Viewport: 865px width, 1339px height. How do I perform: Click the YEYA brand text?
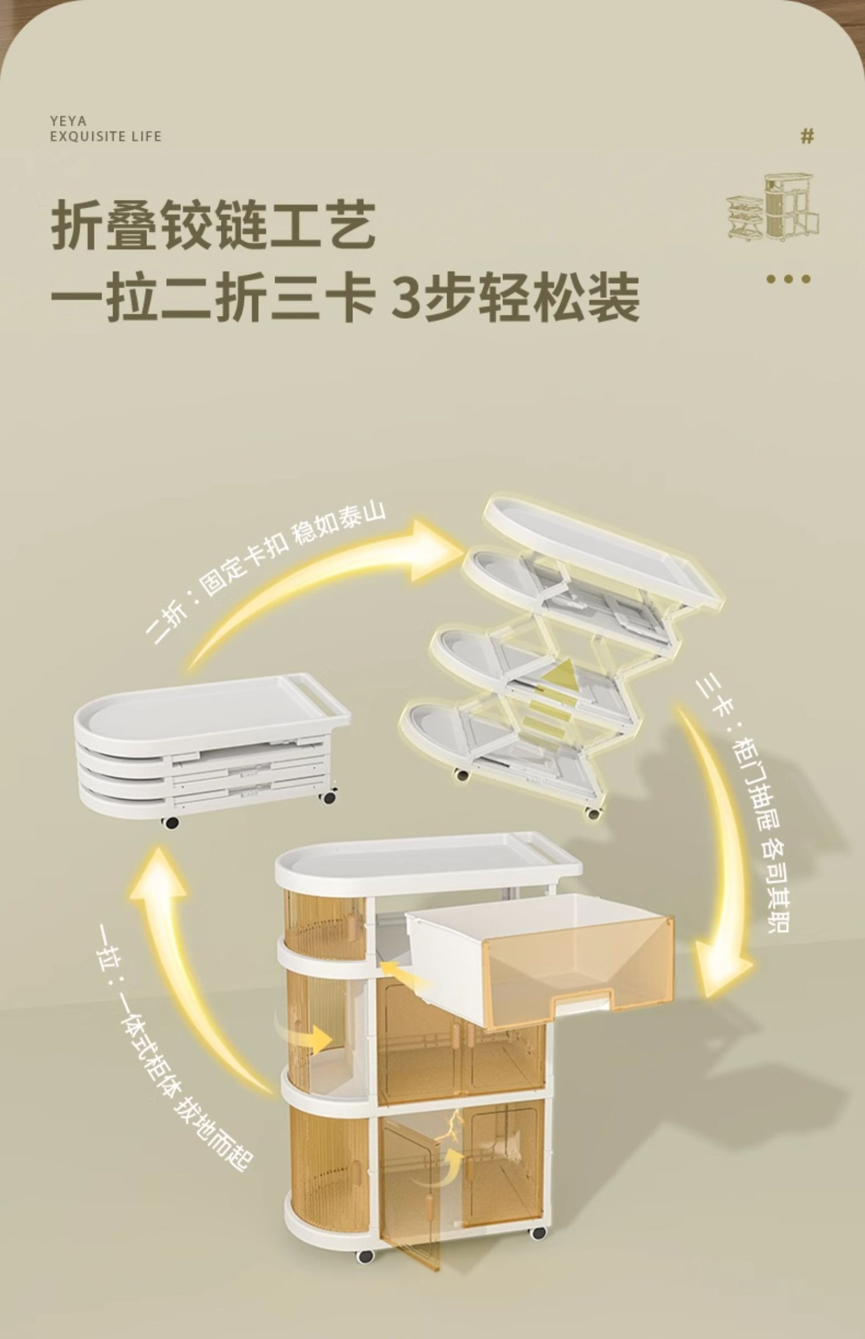click(68, 121)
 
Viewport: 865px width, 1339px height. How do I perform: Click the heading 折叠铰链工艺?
click(213, 225)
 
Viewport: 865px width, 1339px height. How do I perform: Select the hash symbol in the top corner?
click(807, 137)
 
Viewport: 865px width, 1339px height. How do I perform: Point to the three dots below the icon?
click(788, 279)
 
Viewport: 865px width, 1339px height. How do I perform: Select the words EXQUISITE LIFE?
click(105, 136)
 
